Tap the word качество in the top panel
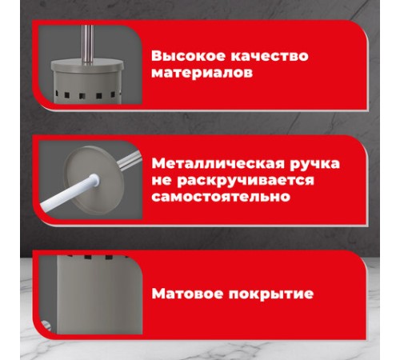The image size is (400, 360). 253,57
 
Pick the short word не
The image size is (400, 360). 161,180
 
